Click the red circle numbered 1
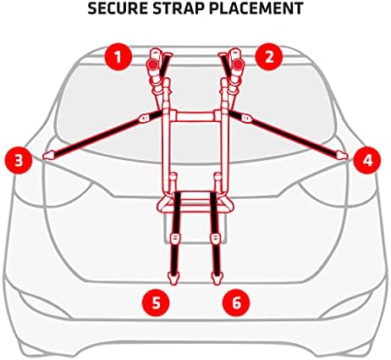click(118, 58)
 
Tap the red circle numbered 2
click(268, 58)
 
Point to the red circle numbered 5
click(155, 299)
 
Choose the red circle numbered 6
click(237, 299)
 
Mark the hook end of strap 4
click(340, 154)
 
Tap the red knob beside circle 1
click(153, 63)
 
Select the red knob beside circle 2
click(239, 63)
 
